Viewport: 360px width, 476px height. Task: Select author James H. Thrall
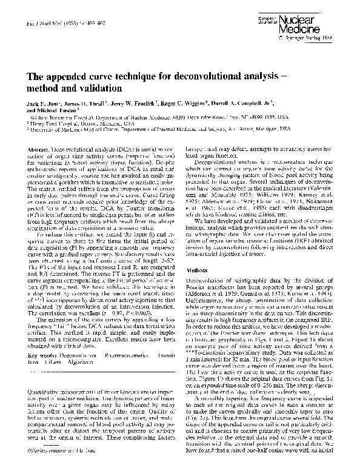92,105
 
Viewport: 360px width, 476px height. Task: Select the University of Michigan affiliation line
152,132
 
